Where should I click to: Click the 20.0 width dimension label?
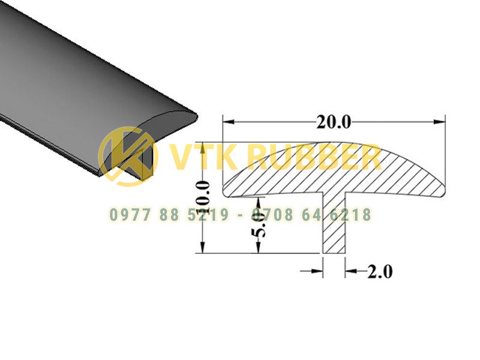[334, 122]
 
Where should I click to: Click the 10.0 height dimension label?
[203, 197]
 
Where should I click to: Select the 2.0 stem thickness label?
[380, 272]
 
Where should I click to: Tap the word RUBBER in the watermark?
[314, 158]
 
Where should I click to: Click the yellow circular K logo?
[128, 157]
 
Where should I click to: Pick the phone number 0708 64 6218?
[311, 215]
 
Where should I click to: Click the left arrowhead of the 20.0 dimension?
[229, 122]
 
